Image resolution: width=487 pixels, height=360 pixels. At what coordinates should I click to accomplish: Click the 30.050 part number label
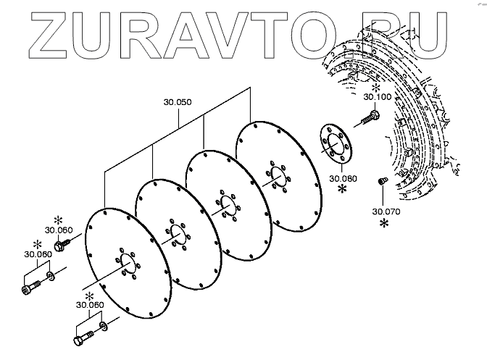tap(178, 102)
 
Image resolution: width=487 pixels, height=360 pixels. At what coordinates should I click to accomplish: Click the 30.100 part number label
tap(377, 96)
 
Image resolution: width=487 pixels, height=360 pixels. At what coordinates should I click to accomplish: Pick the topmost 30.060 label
tap(57, 230)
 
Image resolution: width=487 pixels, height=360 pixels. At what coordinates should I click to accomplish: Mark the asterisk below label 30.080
tap(342, 189)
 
